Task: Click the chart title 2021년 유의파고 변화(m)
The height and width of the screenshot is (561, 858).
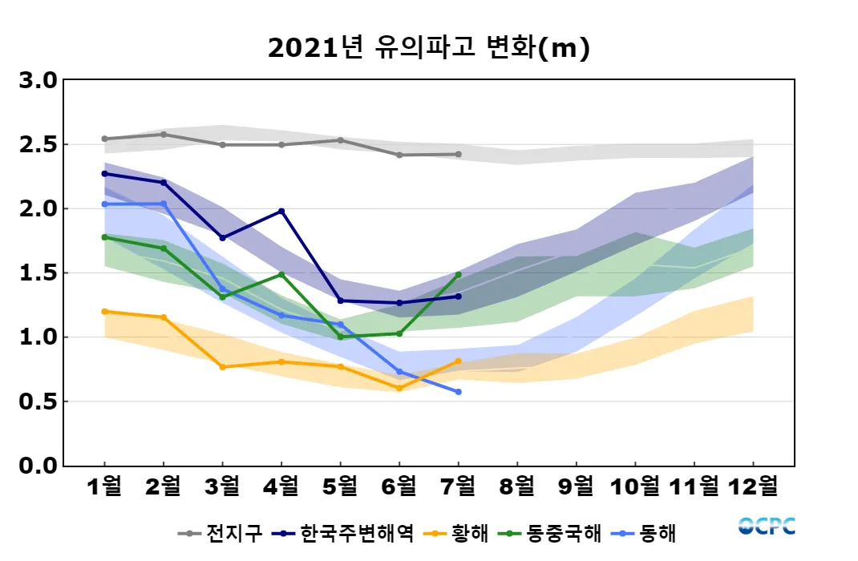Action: click(428, 49)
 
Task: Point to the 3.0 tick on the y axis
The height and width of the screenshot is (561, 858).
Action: click(38, 81)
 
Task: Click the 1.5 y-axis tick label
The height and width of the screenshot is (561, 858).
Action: click(38, 273)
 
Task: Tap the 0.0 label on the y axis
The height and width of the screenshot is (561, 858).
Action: click(38, 466)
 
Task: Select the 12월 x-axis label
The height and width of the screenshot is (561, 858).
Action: click(753, 486)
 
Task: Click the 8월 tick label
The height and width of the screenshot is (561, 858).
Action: click(517, 486)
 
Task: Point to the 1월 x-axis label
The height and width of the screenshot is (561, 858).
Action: click(104, 486)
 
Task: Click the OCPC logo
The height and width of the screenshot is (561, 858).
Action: click(767, 526)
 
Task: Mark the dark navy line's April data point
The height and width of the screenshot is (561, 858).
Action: click(281, 212)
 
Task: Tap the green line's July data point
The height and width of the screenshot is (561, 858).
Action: click(459, 275)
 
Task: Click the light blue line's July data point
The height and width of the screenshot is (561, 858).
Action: click(459, 392)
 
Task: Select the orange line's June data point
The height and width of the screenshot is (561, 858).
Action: click(399, 388)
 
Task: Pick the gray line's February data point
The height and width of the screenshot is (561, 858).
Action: click(164, 135)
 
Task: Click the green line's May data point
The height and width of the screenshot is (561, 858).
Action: click(341, 337)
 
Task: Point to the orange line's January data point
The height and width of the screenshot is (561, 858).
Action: click(105, 311)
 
